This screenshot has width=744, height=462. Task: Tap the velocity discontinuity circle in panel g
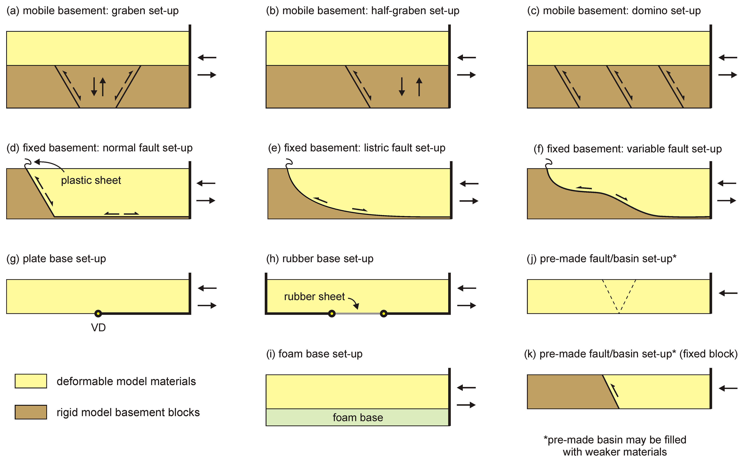98,313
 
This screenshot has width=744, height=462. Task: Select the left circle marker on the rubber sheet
332,313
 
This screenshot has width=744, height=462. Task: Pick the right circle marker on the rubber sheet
384,313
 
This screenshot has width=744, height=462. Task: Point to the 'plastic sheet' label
91,180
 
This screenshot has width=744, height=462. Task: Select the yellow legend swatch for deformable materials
31,381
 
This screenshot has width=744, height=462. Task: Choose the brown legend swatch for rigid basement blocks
31,412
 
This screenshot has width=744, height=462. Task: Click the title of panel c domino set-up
614,11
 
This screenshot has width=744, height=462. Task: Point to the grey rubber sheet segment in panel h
358,313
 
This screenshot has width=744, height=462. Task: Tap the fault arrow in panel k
614,390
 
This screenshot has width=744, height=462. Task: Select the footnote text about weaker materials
615,446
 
